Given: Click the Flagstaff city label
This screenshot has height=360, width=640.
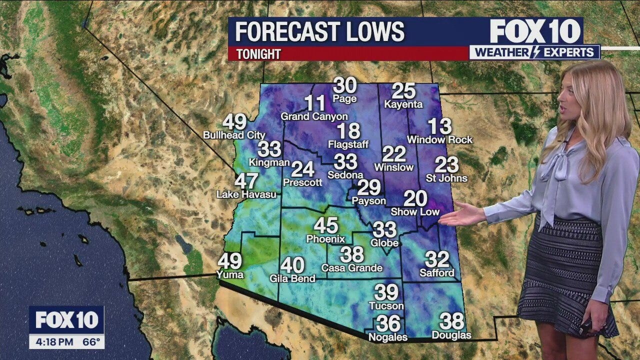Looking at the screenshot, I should pyautogui.click(x=348, y=144).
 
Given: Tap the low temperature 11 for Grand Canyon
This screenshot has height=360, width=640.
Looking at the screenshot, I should pyautogui.click(x=315, y=103).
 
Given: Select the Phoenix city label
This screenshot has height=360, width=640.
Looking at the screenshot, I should pyautogui.click(x=325, y=238).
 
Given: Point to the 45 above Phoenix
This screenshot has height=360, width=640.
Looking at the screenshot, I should pyautogui.click(x=325, y=225).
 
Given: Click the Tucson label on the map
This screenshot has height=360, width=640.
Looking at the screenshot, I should pyautogui.click(x=386, y=305).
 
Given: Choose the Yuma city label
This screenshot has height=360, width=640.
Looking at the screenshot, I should pyautogui.click(x=230, y=274).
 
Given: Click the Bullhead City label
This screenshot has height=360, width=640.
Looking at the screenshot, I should pyautogui.click(x=234, y=135).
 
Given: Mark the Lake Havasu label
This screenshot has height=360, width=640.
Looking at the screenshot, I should pyautogui.click(x=246, y=194).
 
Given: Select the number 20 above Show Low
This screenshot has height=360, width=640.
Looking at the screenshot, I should pyautogui.click(x=415, y=199).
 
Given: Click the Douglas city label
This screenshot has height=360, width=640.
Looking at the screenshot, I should pyautogui.click(x=451, y=335).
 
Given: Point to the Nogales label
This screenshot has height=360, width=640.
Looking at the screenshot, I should pyautogui.click(x=388, y=337).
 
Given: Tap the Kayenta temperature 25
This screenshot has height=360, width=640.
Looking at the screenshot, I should pyautogui.click(x=403, y=91).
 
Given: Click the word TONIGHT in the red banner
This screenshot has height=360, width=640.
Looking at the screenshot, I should pyautogui.click(x=258, y=54).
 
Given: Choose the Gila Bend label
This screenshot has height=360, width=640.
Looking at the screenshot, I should pyautogui.click(x=292, y=278).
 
